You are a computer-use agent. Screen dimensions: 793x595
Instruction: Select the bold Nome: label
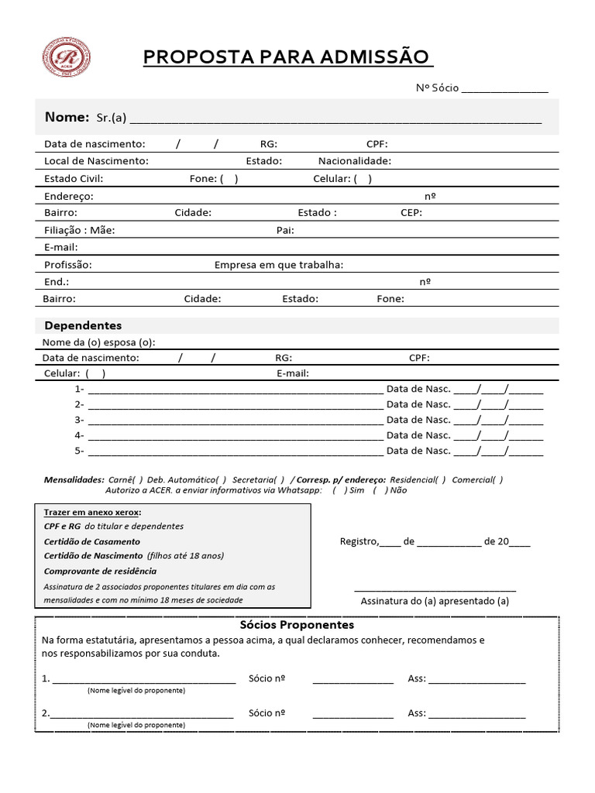tap(67, 117)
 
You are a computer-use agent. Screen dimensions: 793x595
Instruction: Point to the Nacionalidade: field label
tap(354, 161)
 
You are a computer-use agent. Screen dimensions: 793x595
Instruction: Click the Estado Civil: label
tap(74, 179)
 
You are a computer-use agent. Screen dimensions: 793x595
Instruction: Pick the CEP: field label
tap(411, 212)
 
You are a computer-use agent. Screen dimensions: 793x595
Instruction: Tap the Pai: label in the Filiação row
tap(285, 230)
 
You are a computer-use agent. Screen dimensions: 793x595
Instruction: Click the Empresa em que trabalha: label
tap(279, 265)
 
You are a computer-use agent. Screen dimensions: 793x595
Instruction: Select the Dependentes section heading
tap(83, 325)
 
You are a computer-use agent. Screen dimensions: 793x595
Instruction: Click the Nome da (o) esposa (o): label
tap(98, 342)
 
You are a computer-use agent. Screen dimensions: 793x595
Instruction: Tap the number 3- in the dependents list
tap(79, 420)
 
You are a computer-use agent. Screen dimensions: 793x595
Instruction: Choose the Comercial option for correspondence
tap(497, 479)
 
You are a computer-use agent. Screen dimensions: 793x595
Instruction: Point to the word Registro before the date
tap(359, 541)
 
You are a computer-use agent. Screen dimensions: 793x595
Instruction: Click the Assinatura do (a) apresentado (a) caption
tap(435, 601)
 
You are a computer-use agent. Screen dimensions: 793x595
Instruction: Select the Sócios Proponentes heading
tap(297, 624)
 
